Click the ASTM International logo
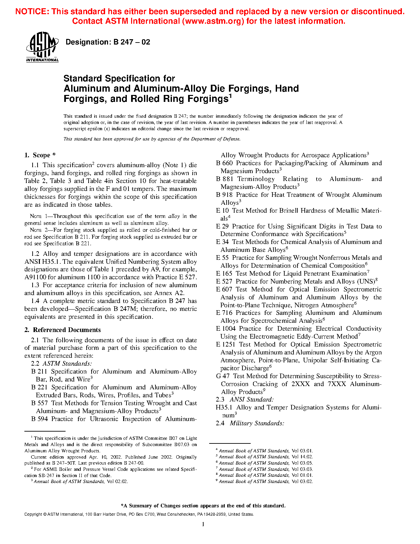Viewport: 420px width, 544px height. point(42,47)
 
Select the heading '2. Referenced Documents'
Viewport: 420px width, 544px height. point(63,330)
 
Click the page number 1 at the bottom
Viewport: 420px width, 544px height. point(203,524)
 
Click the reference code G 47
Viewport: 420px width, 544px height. point(223,376)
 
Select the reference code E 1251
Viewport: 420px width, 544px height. point(226,345)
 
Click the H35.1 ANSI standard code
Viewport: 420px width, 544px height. point(224,408)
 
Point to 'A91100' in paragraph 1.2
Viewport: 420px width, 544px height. point(36,277)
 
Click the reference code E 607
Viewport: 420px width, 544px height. point(224,289)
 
